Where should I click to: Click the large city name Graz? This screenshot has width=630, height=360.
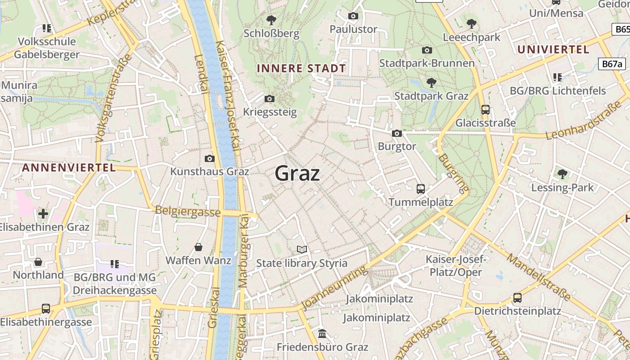click(x=297, y=173)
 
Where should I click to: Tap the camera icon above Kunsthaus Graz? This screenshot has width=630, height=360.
click(x=209, y=158)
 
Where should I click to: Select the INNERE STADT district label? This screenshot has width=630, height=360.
click(x=301, y=68)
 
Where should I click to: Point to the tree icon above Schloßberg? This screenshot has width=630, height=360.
click(x=271, y=20)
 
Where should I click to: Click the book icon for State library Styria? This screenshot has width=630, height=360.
click(x=301, y=250)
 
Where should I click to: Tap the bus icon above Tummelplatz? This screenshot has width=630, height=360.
click(x=420, y=189)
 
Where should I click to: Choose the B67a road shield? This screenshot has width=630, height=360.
click(x=612, y=64)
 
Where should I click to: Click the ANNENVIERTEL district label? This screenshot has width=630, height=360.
click(x=69, y=168)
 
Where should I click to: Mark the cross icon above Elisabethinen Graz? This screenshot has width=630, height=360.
click(x=43, y=213)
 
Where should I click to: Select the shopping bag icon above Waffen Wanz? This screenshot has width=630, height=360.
click(x=198, y=247)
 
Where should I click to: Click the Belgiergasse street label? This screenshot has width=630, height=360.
click(x=188, y=211)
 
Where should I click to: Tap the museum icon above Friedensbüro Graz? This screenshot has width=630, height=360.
click(x=322, y=334)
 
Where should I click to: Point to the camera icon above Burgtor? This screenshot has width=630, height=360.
click(x=396, y=133)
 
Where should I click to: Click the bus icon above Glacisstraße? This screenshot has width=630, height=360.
click(x=485, y=109)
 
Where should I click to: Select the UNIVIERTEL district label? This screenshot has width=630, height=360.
click(x=553, y=49)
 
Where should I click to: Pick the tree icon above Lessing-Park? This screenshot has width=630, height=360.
click(x=562, y=174)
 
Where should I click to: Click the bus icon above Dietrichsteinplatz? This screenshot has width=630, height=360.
click(x=517, y=297)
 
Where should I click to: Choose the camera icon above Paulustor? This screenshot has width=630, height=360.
click(x=353, y=16)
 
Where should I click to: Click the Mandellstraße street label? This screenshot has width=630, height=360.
click(x=539, y=277)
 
